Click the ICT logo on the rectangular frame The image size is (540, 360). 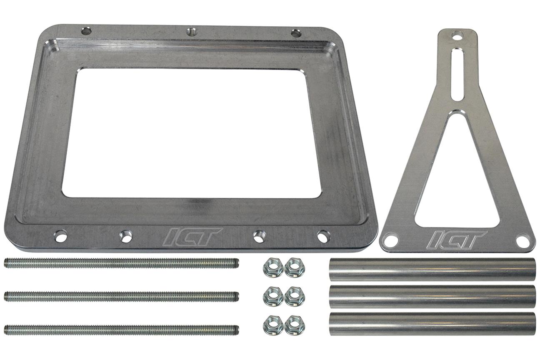tap(192, 236)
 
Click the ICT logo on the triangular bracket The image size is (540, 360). tap(457, 240)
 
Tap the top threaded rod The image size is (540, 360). tap(121, 263)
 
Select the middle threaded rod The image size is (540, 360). tap(121, 296)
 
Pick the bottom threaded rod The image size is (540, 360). tap(121, 330)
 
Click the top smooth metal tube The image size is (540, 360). tap(432, 270)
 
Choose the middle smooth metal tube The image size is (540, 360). tap(432, 296)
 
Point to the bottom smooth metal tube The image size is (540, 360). tap(432, 324)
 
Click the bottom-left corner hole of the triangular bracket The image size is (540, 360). tap(391, 240)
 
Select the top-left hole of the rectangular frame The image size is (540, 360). tap(86, 31)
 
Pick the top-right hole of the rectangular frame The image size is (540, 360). tap(296, 33)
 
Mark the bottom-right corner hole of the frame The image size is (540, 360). tap(323, 236)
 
